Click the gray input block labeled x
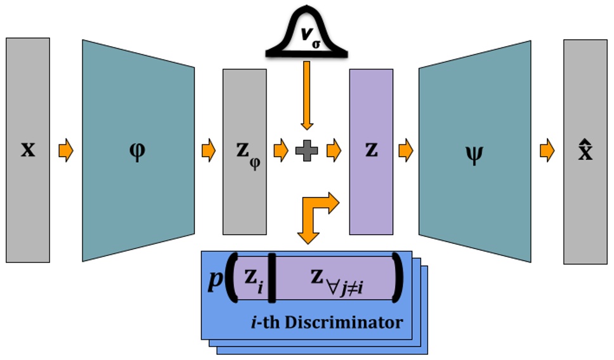(28, 150)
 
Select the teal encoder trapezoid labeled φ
(138, 150)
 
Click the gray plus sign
(306, 151)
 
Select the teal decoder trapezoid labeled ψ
(474, 151)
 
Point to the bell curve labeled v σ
(307, 32)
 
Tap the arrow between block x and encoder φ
(66, 151)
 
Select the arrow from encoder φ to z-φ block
(209, 151)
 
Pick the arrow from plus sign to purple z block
(334, 151)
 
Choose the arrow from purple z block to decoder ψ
(405, 151)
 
